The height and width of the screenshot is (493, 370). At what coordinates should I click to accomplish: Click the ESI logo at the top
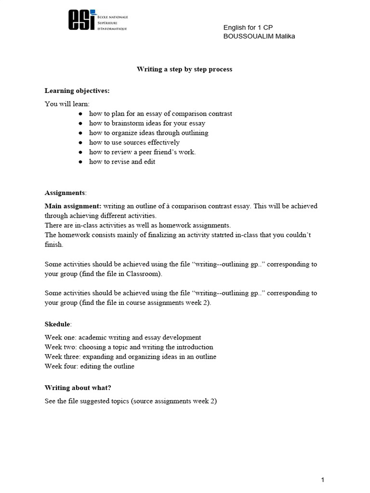click(98, 20)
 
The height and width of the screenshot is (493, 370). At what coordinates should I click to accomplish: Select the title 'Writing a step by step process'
click(185, 69)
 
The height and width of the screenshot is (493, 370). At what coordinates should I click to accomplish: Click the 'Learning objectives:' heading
click(77, 91)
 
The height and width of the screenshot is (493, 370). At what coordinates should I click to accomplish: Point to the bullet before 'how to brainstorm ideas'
click(80, 124)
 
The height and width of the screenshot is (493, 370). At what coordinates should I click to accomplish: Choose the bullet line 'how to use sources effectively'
click(134, 143)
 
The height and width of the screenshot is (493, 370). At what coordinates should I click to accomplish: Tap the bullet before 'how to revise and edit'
click(80, 162)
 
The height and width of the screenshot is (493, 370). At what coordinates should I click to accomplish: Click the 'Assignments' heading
click(65, 193)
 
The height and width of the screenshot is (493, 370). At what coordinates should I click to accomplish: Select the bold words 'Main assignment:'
click(73, 206)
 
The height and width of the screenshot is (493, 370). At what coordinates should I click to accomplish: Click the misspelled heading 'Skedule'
click(57, 324)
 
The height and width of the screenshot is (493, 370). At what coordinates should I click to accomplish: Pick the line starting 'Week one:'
click(123, 337)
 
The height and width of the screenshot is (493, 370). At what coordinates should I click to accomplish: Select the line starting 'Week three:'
click(130, 357)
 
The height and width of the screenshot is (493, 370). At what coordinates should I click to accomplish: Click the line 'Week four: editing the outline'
click(90, 366)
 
